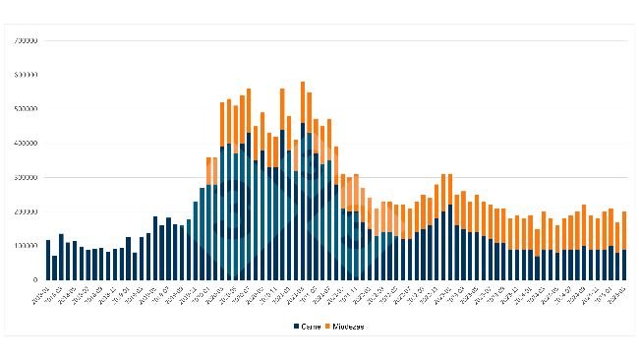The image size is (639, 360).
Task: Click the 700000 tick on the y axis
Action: (x=25, y=40)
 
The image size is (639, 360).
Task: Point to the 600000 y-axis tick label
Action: (x=25, y=75)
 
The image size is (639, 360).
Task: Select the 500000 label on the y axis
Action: (x=25, y=109)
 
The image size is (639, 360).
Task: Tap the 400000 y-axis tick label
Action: (x=25, y=144)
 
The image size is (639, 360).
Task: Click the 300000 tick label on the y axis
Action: (x=25, y=178)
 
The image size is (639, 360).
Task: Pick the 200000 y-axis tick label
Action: (x=25, y=211)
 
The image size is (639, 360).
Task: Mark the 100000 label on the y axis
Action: (x=25, y=246)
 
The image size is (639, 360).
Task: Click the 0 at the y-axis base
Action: (x=35, y=280)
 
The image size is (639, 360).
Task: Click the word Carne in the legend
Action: (x=312, y=326)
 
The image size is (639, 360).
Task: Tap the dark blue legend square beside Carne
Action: (x=296, y=326)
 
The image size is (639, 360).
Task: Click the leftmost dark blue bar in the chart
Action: (x=48, y=260)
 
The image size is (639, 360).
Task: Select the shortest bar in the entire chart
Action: (x=55, y=268)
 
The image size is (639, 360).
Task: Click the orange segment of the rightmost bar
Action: (x=624, y=230)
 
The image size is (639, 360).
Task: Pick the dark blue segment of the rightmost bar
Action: (x=624, y=265)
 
